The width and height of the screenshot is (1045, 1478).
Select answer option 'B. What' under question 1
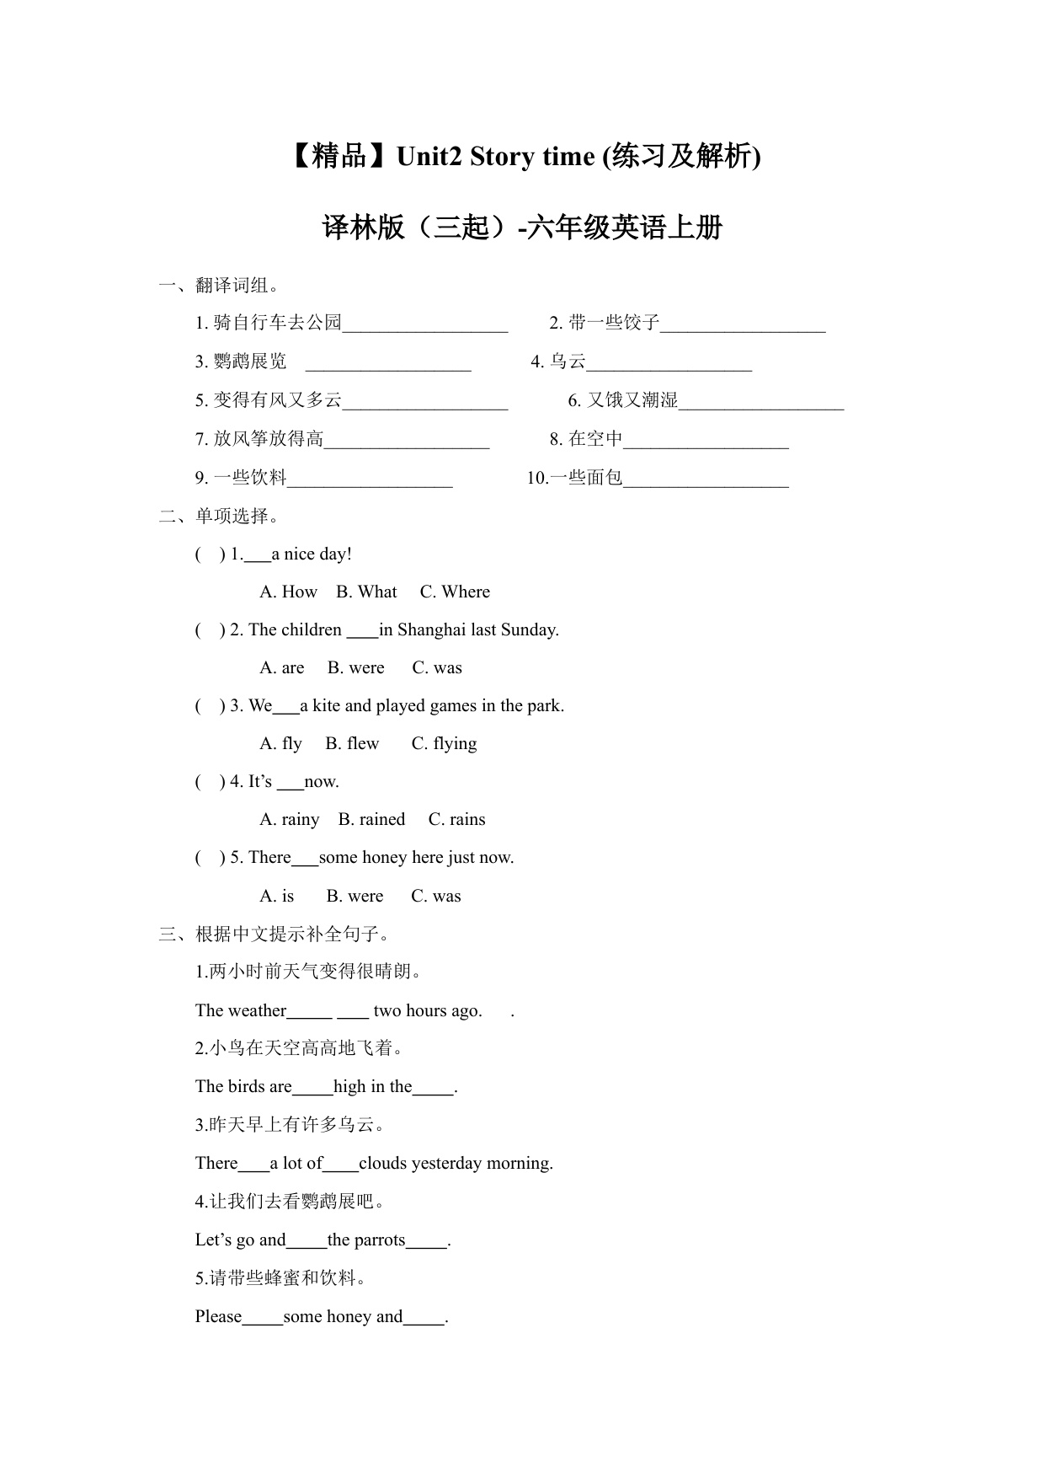[x=366, y=592]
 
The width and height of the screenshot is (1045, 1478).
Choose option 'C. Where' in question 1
[x=455, y=592]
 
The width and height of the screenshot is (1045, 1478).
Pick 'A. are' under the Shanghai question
[x=282, y=668]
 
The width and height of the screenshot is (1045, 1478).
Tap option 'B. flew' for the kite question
[x=352, y=744]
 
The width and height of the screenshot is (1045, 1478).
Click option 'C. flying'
[x=444, y=744]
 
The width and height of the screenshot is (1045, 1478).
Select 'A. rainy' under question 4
[x=290, y=820]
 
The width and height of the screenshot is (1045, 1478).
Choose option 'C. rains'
[x=456, y=820]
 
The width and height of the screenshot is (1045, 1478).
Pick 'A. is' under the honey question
[x=277, y=897]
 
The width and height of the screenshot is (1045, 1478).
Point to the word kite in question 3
[x=326, y=706]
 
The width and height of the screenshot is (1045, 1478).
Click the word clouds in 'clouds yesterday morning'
[x=382, y=1164]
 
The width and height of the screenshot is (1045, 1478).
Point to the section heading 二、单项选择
[x=219, y=516]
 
